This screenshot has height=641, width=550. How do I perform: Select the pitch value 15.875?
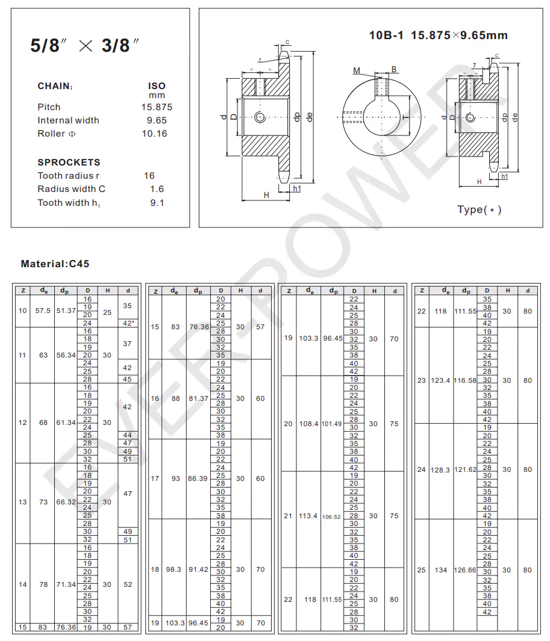[x=157, y=107]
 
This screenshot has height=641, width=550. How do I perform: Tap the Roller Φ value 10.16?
[x=154, y=134]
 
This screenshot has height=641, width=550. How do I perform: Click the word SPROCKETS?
[x=69, y=163]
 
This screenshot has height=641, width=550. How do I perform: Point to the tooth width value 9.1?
[x=157, y=203]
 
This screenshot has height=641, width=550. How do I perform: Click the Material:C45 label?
[x=55, y=264]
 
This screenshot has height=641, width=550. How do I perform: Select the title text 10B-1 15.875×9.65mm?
[x=438, y=36]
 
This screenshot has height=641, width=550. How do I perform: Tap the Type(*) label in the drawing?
[x=479, y=209]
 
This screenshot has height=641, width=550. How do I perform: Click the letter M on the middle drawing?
[x=357, y=70]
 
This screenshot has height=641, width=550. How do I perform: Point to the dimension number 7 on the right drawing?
[x=474, y=65]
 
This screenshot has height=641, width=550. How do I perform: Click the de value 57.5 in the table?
[x=43, y=311]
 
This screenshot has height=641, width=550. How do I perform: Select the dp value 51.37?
[x=66, y=311]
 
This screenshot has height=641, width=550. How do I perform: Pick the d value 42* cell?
[x=128, y=323]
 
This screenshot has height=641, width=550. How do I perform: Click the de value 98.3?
[x=175, y=569]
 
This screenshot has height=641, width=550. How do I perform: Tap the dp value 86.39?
[x=198, y=478]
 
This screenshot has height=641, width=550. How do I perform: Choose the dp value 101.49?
[x=331, y=424]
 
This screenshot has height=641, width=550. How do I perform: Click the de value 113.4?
[x=308, y=516]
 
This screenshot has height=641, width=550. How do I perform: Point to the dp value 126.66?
[x=465, y=570]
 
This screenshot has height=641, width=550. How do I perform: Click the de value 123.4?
[x=440, y=380]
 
